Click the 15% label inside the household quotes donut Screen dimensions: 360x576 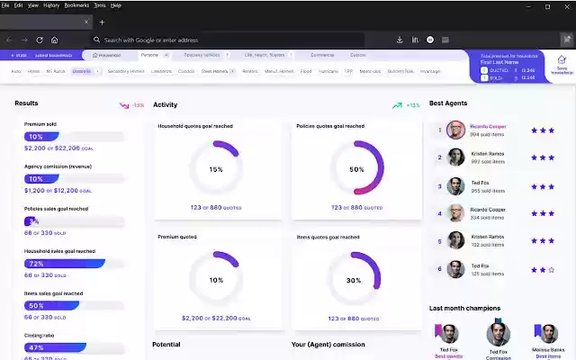[216, 169]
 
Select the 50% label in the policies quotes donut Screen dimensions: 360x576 [356, 169]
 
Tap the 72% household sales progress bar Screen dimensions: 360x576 [64, 264]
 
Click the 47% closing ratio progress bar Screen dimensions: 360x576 [55, 347]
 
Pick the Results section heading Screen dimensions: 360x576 [26, 103]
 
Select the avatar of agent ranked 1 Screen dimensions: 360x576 [455, 130]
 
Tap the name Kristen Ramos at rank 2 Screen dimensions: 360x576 [488, 155]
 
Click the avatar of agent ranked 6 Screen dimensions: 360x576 [455, 269]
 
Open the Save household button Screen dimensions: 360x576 [562, 65]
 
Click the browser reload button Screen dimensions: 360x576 [40, 40]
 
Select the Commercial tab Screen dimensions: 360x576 [322, 55]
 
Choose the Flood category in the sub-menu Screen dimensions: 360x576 [306, 70]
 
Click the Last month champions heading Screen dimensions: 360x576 [463, 308]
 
